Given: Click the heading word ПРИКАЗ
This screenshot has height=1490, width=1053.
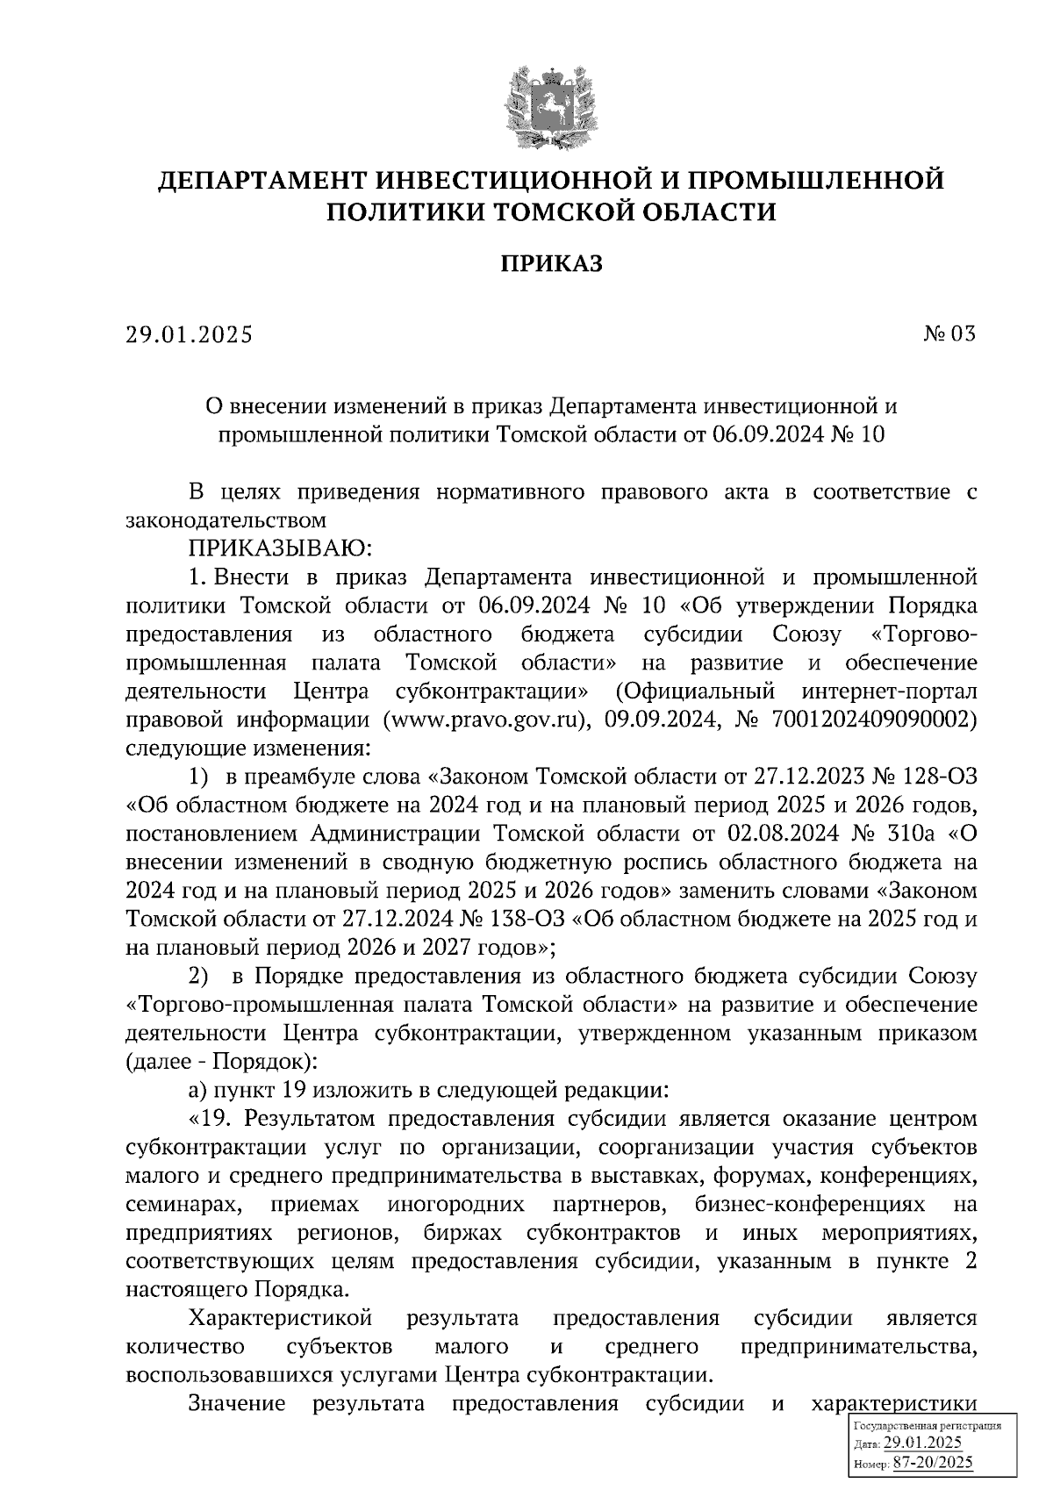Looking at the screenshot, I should click(x=551, y=263).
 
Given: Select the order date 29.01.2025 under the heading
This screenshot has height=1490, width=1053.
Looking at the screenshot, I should click(x=189, y=334).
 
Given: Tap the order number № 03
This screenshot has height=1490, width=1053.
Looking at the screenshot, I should click(x=949, y=334).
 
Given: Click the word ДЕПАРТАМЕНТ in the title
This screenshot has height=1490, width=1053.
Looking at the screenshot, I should click(x=260, y=181).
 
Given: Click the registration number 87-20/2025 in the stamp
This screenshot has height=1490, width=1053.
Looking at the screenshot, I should click(x=932, y=1462).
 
